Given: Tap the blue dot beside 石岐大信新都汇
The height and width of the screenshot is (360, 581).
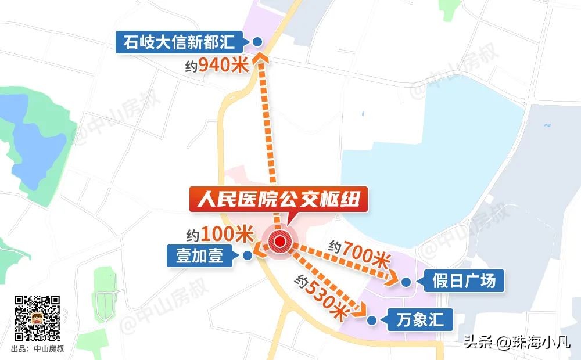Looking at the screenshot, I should click(x=257, y=42).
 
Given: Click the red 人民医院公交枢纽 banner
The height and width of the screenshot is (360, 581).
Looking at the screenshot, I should click(x=279, y=201).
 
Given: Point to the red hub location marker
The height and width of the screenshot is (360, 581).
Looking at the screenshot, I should click(x=281, y=243).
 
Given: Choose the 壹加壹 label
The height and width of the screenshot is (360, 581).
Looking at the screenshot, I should click(x=200, y=255).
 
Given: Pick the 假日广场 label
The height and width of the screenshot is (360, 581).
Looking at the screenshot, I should click(x=464, y=282).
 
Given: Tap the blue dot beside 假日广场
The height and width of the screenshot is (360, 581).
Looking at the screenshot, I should click(x=407, y=282).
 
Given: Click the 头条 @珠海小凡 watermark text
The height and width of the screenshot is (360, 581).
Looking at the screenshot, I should click(x=517, y=343).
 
